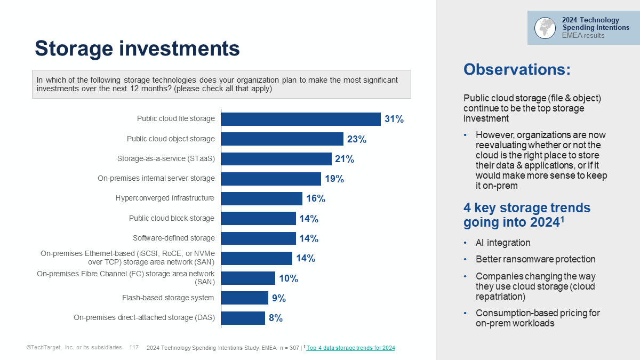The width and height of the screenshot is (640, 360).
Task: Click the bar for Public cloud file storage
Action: [301, 119]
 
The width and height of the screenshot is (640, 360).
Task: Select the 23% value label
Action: [357, 139]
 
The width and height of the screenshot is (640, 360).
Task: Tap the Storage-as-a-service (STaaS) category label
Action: [166, 159]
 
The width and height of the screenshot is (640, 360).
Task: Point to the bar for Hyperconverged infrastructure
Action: [261, 198]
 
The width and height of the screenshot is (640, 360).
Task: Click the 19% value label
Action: [334, 179]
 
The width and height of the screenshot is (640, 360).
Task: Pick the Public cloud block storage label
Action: [172, 218]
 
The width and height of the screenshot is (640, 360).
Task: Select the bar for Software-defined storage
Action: [258, 238]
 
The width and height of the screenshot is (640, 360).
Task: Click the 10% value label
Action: [289, 278]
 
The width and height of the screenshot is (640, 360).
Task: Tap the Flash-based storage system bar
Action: [244, 298]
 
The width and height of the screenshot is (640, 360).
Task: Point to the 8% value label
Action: [276, 318]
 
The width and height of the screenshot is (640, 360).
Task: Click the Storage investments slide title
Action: [137, 49]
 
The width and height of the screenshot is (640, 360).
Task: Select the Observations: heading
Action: [517, 70]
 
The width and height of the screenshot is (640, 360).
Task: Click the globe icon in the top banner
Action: [545, 28]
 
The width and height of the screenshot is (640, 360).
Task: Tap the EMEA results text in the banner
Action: [583, 36]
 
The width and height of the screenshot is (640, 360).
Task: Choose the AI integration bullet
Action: [503, 243]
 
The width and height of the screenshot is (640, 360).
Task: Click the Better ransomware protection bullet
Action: [535, 260]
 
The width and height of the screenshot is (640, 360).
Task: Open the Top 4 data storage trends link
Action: [351, 348]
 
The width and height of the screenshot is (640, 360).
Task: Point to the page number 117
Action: [134, 348]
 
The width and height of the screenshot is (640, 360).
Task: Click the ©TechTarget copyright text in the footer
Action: [74, 348]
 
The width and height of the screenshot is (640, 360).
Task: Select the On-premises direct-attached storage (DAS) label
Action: [144, 318]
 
